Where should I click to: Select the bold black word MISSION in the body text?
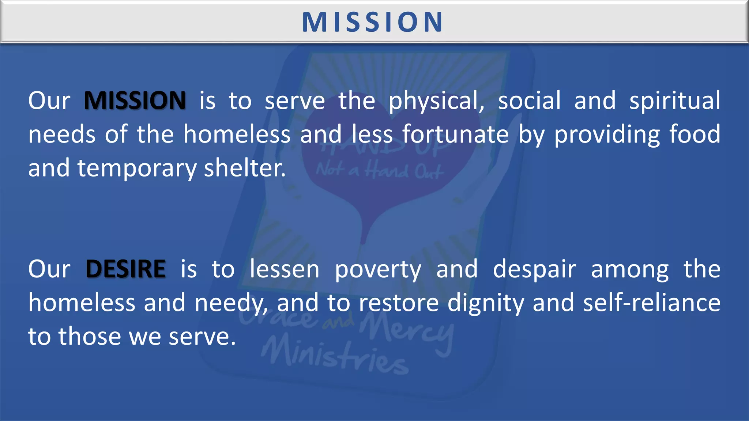pos(135,100)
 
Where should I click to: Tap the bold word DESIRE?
pos(125,269)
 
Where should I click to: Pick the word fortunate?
pos(456,134)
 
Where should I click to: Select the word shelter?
pos(245,168)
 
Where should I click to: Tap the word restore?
pos(399,303)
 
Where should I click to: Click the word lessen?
pos(285,269)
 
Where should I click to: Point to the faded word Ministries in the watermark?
pos(335,356)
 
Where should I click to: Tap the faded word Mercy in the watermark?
pos(406,329)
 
